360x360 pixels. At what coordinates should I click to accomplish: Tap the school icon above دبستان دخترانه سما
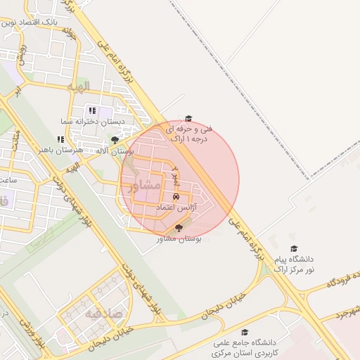(91, 110)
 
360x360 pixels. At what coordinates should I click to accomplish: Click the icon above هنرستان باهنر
(61, 140)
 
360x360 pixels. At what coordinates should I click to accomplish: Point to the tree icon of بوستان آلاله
(115, 141)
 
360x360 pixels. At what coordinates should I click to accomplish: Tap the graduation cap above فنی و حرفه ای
(188, 118)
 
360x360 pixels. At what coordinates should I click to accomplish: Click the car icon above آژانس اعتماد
(176, 197)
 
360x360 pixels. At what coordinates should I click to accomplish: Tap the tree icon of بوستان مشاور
(178, 228)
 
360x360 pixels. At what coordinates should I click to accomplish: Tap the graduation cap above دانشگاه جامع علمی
(245, 333)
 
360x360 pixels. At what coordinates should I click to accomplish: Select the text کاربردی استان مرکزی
(247, 351)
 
